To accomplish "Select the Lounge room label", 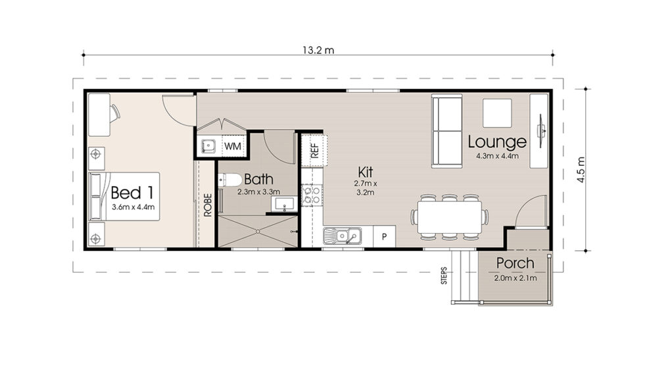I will pyautogui.click(x=497, y=142).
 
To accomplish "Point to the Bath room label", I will pyautogui.click(x=258, y=179).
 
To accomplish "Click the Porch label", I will pyautogui.click(x=515, y=263).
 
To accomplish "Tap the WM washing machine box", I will pyautogui.click(x=232, y=145).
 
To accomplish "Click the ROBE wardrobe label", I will pyautogui.click(x=208, y=205).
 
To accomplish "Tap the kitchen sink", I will pyautogui.click(x=341, y=235).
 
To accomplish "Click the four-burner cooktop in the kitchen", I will pyautogui.click(x=310, y=194).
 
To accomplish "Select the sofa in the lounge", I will pyautogui.click(x=446, y=131).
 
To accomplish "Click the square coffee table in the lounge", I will pyautogui.click(x=496, y=113).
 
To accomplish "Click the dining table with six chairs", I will pyautogui.click(x=450, y=216).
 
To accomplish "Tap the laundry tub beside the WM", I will pyautogui.click(x=208, y=145).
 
